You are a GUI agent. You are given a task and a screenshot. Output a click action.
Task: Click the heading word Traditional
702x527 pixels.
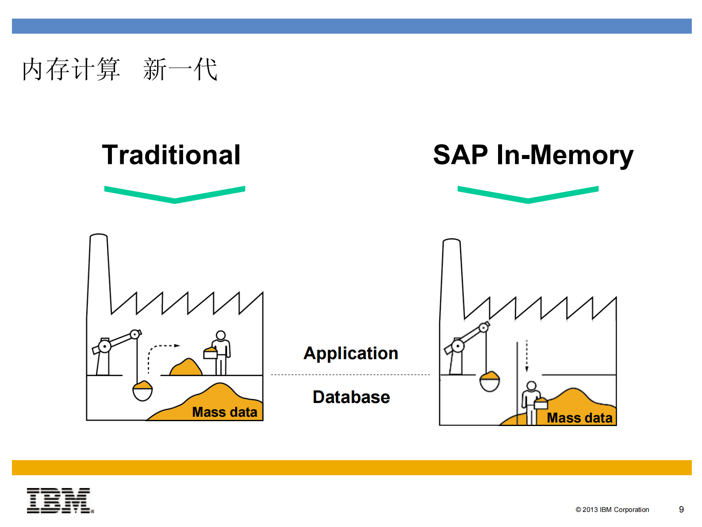pos(171,155)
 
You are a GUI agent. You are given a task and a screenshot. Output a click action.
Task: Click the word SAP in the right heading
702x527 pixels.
pos(460,155)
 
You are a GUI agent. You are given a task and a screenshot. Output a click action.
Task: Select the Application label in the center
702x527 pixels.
pos(351,353)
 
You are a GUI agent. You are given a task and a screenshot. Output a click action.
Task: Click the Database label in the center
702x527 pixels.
pos(351,397)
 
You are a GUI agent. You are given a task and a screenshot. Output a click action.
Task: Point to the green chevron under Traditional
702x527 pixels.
pos(175,195)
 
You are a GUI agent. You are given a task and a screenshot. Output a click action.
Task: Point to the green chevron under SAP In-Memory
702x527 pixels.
pos(528,195)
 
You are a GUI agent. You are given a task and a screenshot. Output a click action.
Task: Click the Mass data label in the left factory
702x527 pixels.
pos(225,412)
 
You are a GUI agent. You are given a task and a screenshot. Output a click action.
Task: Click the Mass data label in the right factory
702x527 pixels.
pos(579,418)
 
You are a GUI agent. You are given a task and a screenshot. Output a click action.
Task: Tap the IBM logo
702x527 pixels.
pos(60,501)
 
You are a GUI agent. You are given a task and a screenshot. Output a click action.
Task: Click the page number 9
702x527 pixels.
pos(681,510)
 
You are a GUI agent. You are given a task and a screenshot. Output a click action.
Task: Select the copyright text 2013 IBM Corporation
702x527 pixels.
pos(612,510)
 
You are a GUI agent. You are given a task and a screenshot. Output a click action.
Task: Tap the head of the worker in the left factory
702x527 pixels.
pos(221,336)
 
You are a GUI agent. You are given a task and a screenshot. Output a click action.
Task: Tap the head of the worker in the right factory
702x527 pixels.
pos(531,386)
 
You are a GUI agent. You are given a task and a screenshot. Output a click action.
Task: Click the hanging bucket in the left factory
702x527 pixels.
pos(142,391)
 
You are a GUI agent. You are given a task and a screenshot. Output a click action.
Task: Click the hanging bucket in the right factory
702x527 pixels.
pos(490,382)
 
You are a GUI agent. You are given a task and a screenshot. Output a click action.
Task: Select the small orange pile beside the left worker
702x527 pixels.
pos(186,368)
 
